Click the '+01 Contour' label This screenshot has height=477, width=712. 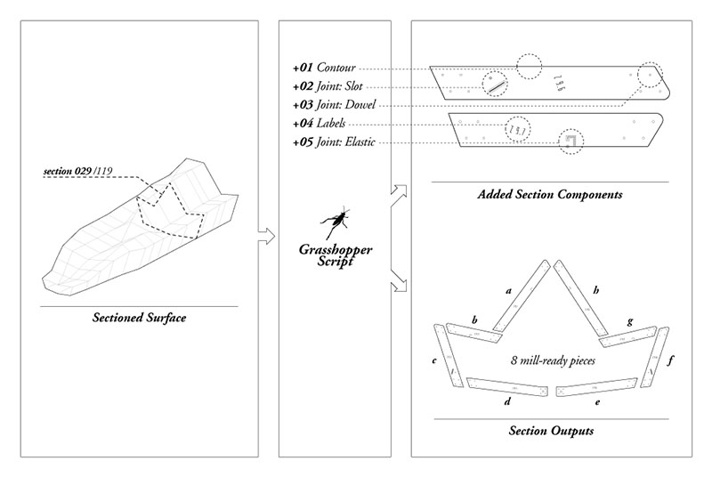pos(326,68)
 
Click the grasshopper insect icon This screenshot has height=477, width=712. pos(335,222)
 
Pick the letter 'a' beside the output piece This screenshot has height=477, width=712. pos(508,290)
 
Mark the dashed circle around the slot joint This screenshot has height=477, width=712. pos(495,85)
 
